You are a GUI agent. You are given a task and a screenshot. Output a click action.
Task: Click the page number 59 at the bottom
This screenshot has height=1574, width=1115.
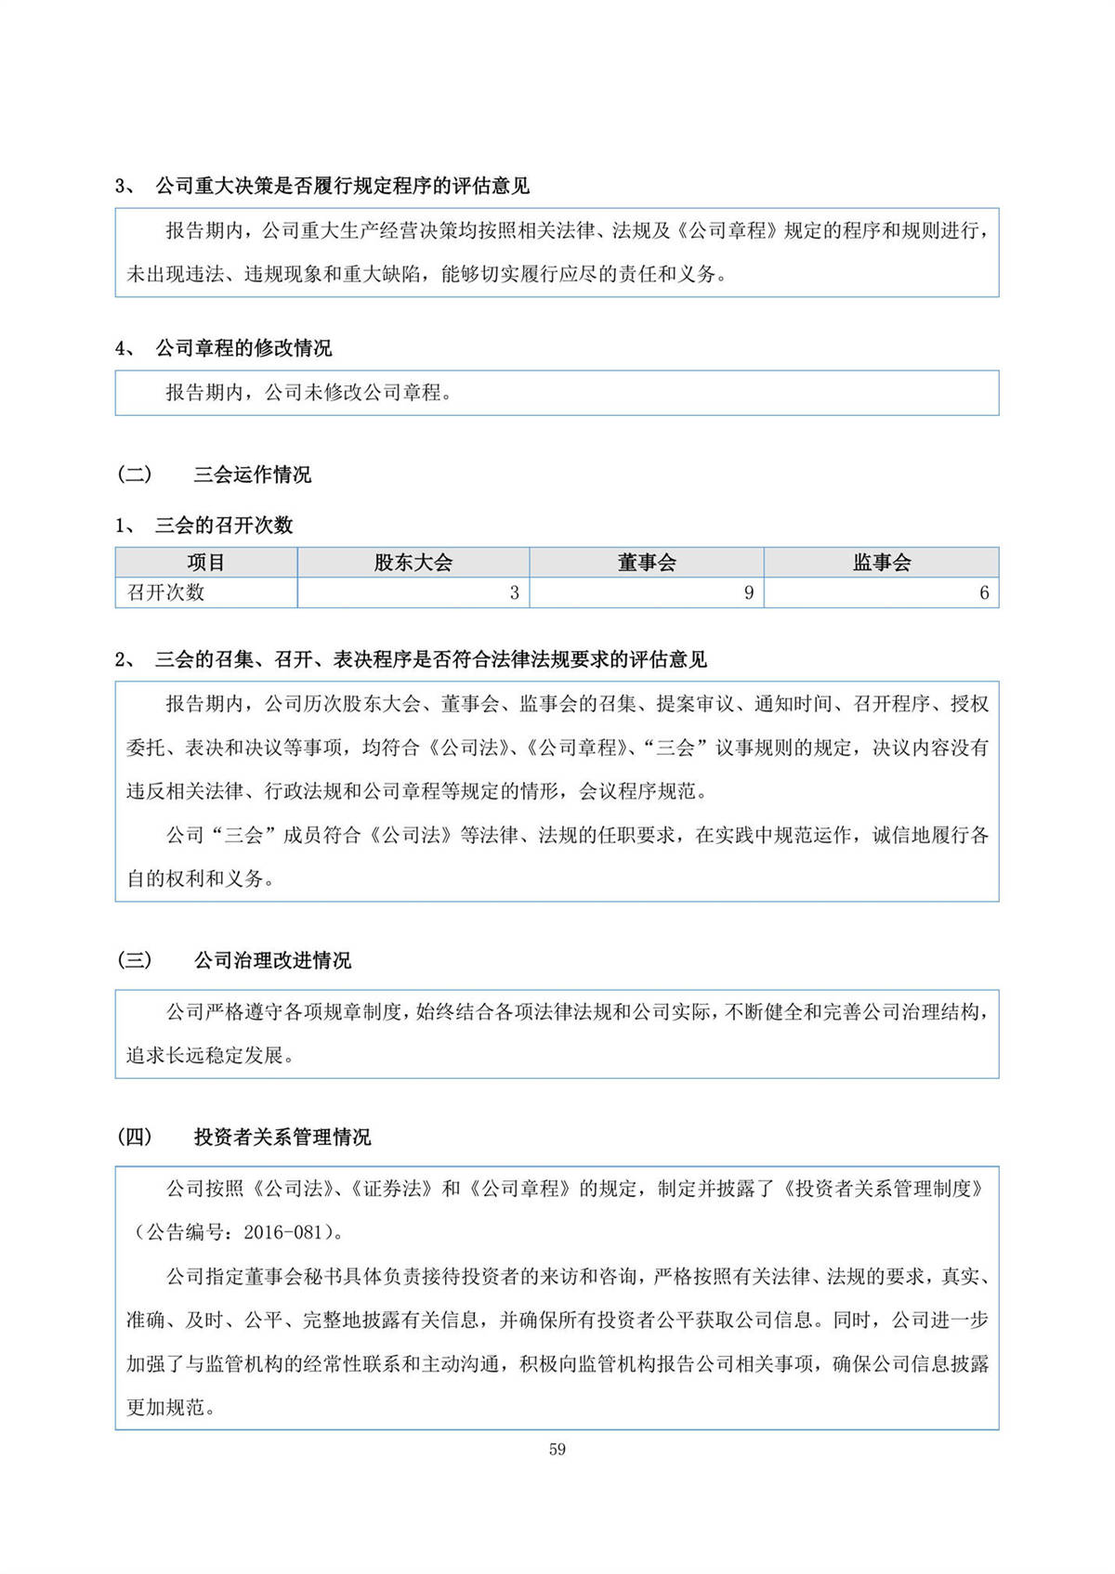557,1450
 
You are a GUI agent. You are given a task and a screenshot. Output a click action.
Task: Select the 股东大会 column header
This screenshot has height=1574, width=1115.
413,563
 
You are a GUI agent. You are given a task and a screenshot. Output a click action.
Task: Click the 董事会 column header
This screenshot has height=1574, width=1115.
647,563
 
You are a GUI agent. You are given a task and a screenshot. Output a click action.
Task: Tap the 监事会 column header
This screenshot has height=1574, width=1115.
882,563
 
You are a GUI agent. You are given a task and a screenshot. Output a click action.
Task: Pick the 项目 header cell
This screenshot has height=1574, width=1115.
206,563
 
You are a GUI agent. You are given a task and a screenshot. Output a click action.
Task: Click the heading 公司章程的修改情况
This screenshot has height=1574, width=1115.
243,348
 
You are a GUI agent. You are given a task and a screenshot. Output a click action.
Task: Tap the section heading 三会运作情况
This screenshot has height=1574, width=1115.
253,475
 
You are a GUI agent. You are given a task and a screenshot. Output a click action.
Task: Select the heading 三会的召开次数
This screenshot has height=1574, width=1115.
224,526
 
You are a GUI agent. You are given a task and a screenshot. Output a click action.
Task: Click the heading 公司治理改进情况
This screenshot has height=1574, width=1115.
272,960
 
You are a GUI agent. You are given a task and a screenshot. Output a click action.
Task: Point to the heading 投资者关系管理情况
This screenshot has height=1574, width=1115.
282,1137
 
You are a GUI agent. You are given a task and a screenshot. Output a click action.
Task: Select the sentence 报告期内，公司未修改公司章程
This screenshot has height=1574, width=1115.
308,393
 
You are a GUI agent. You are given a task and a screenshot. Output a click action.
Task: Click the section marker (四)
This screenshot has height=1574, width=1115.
135,1137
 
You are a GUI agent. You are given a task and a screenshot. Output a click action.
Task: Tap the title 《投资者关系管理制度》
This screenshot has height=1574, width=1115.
883,1189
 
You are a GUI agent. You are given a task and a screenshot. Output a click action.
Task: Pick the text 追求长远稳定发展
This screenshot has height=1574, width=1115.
204,1056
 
